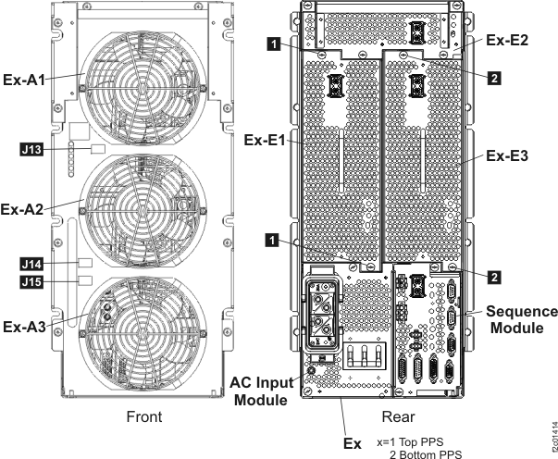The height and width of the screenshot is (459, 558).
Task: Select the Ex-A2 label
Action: coord(27,207)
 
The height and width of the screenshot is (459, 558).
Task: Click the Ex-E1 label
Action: coord(266,142)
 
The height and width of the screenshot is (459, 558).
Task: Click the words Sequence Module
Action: coord(523,319)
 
